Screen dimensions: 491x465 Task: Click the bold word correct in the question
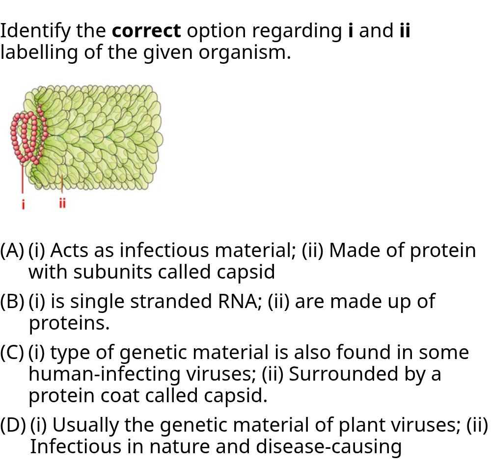[146, 31]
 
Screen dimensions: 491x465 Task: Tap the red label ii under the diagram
[62, 203]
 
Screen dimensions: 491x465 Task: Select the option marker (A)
[12, 251]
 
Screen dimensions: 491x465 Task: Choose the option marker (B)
[12, 302]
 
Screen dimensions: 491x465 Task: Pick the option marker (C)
[12, 353]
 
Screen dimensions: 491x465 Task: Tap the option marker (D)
[13, 425]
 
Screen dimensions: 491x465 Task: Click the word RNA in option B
[240, 301]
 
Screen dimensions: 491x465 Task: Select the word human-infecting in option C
[104, 374]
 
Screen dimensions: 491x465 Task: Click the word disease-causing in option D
[329, 446]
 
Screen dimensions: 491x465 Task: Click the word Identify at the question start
[35, 31]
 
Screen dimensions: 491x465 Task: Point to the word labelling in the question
[39, 52]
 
